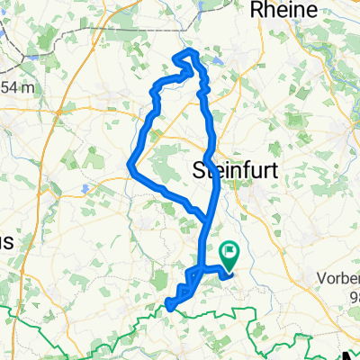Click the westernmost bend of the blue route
(131, 165)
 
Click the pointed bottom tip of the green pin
(229, 268)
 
